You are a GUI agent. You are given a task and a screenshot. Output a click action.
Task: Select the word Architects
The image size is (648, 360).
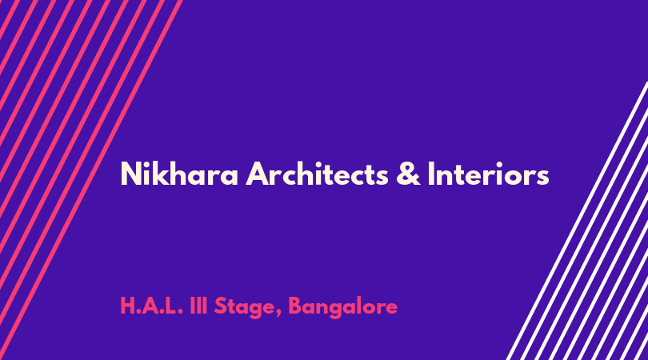tap(317, 174)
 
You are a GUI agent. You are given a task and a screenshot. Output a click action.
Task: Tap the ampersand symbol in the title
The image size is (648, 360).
tap(408, 174)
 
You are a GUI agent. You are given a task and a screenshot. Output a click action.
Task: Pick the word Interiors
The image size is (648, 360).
tap(489, 174)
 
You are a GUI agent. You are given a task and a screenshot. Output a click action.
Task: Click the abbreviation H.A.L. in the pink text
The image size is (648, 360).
tap(151, 306)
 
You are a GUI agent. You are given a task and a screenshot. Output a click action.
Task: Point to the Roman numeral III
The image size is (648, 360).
tap(198, 306)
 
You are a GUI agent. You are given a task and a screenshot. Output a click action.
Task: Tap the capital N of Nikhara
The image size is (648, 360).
tap(130, 174)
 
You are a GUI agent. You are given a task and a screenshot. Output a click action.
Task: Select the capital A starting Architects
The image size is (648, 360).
tap(257, 174)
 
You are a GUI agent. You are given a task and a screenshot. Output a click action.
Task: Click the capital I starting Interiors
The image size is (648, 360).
tap(430, 174)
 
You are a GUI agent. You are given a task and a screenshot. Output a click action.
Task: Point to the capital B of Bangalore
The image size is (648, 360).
tap(295, 306)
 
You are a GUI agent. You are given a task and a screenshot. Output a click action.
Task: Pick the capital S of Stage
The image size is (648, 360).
tap(221, 306)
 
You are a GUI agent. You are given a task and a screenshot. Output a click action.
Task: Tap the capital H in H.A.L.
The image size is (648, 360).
tap(127, 306)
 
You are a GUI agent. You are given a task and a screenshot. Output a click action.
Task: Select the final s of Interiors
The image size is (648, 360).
tap(542, 178)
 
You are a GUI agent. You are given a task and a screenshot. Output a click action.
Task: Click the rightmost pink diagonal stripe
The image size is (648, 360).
tap(91, 180)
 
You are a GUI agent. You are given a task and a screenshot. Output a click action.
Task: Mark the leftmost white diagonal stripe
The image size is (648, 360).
tap(577, 221)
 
